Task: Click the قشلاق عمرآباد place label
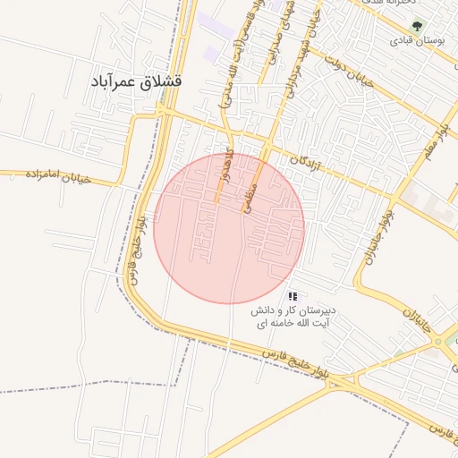[136, 81]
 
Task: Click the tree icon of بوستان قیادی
[414, 26]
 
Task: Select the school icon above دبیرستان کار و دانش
[293, 296]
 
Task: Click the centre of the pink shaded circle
[229, 228]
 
